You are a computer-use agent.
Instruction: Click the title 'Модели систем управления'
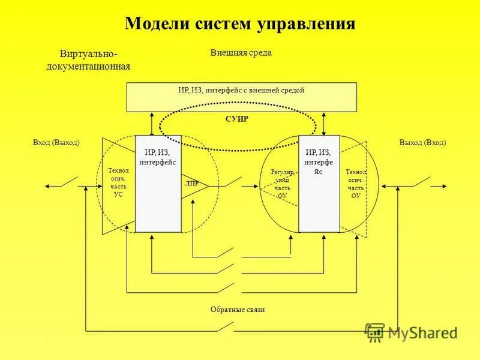point(240,24)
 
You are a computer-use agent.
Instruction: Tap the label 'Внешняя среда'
point(241,53)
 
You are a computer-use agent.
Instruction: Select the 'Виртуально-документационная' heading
point(88,60)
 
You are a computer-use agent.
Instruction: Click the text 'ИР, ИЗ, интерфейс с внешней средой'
point(241,91)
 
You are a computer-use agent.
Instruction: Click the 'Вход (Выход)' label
point(56,143)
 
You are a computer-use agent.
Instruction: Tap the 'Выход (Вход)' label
point(422,143)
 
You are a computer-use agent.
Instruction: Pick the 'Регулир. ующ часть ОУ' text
point(282,184)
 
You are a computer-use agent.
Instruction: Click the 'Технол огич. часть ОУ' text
point(356,184)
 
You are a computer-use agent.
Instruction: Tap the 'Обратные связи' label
point(238,310)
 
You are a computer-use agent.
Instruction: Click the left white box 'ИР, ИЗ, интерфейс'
point(158,183)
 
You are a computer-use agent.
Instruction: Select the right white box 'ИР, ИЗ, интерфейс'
point(319,183)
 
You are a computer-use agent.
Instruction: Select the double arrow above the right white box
point(324,124)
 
